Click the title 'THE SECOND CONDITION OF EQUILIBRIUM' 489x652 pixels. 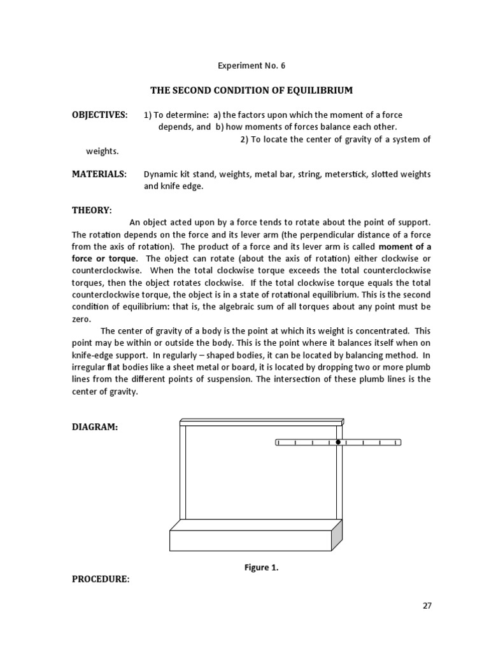click(x=251, y=90)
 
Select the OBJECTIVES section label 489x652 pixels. click(x=99, y=115)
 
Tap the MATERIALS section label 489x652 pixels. click(x=99, y=174)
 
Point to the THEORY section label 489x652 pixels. click(x=92, y=210)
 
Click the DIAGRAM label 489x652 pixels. click(x=95, y=428)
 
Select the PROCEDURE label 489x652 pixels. click(x=101, y=579)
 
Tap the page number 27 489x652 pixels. click(x=427, y=606)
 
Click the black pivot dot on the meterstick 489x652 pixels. click(x=338, y=442)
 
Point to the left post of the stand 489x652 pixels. click(x=183, y=471)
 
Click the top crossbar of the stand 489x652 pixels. click(x=261, y=422)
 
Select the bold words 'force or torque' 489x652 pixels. click(x=103, y=259)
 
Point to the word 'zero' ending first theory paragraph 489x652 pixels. click(x=81, y=319)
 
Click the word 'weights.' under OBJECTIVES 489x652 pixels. click(x=103, y=152)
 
